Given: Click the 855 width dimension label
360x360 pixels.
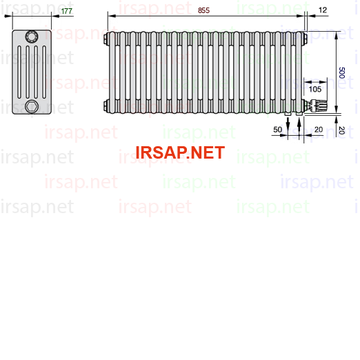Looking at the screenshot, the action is coord(203,10).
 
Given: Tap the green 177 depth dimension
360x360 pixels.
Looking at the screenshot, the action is coord(67,11).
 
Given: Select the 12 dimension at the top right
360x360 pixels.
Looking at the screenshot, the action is coord(323,10).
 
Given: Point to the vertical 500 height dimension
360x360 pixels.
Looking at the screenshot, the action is coord(342,73).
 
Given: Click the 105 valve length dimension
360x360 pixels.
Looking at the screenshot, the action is coord(315,89).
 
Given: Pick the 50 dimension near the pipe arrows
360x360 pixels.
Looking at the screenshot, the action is coord(277,130).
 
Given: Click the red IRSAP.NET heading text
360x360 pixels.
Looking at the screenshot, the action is coord(180,152).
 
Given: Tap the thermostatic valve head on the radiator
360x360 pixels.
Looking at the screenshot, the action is coord(319,106).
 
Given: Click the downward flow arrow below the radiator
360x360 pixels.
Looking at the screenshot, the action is coord(288,125).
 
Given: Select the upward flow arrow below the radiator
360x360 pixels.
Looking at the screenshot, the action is coord(299,125).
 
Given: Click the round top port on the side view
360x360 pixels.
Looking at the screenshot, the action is coord(32,37).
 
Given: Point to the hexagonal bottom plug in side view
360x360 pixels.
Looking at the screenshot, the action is coord(32,106).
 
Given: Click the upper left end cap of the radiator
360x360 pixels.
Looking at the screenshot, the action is coord(106,39).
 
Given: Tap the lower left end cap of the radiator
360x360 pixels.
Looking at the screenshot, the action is coord(106,106).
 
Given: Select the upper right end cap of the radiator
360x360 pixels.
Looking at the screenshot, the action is coord(305,39).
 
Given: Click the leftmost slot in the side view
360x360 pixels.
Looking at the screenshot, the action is coord(19,72).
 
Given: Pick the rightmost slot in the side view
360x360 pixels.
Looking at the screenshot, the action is coord(44,72).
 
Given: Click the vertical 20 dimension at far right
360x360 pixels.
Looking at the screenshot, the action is coord(342,130).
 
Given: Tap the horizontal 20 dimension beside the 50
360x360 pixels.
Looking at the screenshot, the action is coord(319,130).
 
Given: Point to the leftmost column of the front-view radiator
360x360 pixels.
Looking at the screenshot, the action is coord(112,72).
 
